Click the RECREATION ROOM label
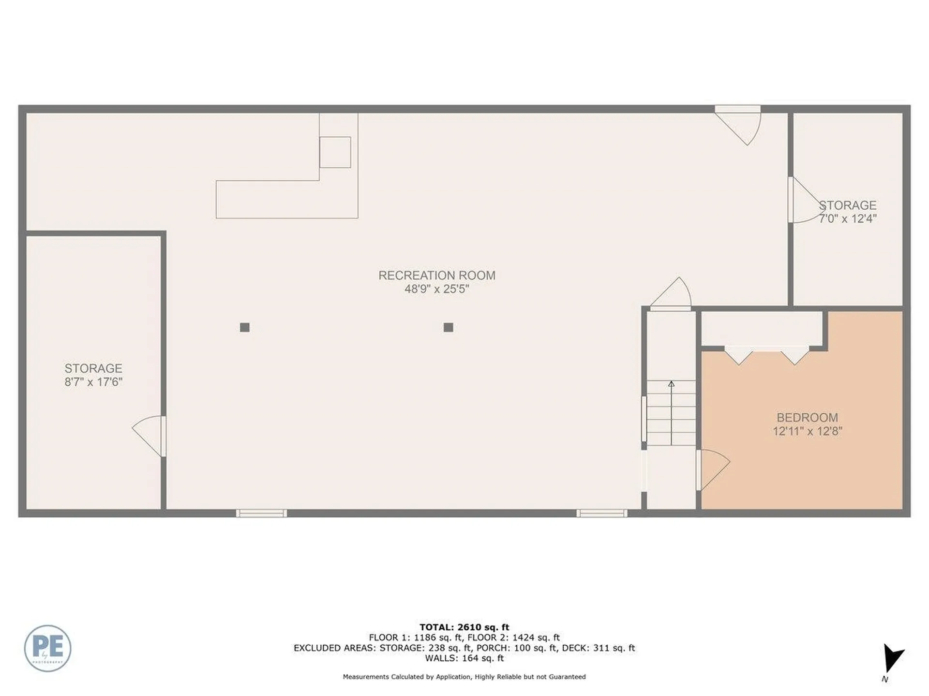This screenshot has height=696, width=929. (x=436, y=275)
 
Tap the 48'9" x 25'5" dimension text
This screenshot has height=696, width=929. (x=436, y=289)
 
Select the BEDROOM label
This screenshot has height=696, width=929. (x=807, y=418)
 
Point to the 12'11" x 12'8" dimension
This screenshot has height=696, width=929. (x=807, y=431)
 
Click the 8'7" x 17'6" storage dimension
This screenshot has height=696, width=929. (x=93, y=382)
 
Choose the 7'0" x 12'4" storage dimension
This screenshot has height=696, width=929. (x=847, y=218)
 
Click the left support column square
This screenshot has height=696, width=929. (x=245, y=328)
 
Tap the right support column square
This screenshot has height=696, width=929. (x=448, y=328)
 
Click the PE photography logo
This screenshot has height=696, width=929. (x=47, y=648)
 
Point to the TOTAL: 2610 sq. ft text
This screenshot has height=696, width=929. (x=464, y=627)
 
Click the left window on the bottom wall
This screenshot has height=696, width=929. (x=261, y=513)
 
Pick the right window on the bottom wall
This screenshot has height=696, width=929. (x=601, y=513)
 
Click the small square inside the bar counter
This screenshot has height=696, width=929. (x=335, y=152)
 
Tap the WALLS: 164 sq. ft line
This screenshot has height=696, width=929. (x=464, y=658)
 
